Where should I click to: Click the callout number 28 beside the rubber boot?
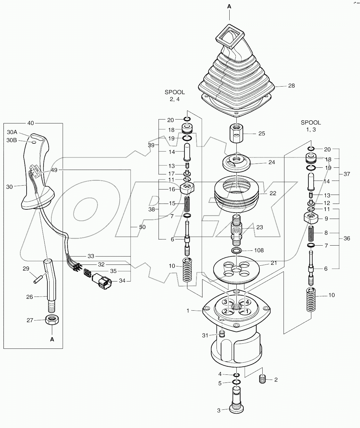(x=291, y=86)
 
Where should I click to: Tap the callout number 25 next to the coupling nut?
(x=262, y=133)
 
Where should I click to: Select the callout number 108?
(x=258, y=250)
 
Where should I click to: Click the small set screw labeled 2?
(x=262, y=379)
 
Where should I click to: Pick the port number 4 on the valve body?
(x=247, y=302)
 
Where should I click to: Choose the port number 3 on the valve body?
(x=225, y=302)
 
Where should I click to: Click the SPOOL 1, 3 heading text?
(x=311, y=126)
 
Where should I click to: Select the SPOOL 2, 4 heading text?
(x=175, y=96)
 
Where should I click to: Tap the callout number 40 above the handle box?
(x=31, y=123)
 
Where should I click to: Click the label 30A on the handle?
(x=12, y=132)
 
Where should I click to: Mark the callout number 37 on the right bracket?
(x=347, y=174)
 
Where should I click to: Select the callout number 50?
(x=142, y=227)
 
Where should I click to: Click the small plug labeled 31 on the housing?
(x=221, y=335)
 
